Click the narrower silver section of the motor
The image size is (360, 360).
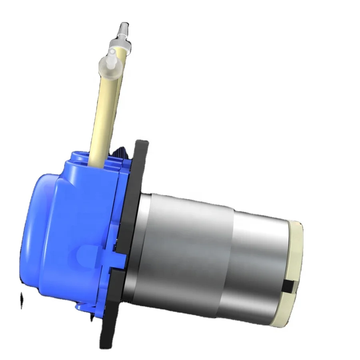click(260, 264)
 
